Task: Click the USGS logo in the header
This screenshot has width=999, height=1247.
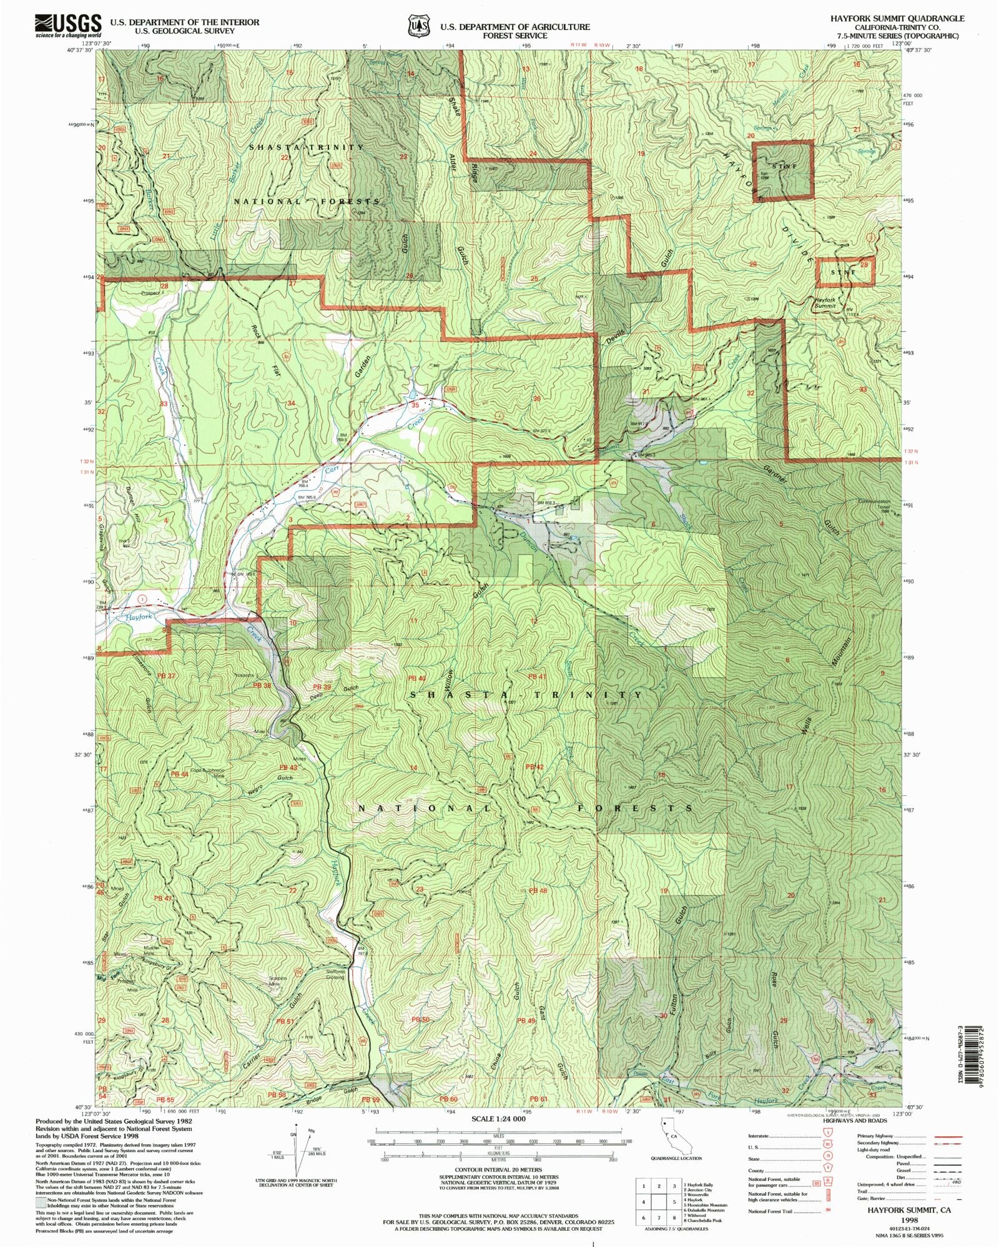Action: click(68, 26)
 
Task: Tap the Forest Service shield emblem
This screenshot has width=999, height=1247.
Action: click(419, 27)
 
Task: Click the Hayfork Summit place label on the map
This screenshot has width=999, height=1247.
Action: click(824, 303)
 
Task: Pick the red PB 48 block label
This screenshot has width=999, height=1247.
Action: click(538, 890)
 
